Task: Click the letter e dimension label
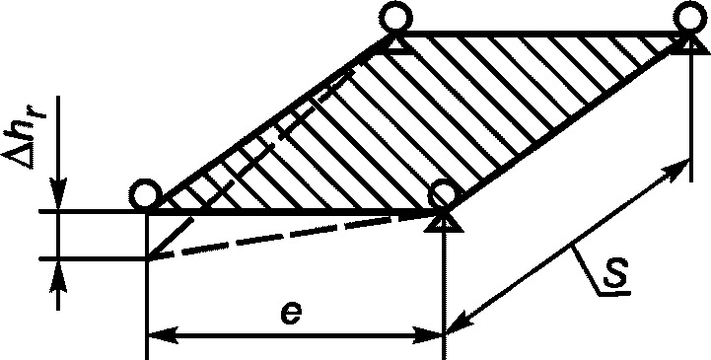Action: point(290,314)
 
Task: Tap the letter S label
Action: point(615,272)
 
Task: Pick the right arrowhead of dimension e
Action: point(429,336)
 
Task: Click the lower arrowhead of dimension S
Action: point(459,323)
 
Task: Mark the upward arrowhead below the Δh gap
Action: point(59,275)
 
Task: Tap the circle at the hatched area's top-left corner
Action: point(396,18)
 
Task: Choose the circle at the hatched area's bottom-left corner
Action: point(146,195)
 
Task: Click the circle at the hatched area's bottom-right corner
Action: point(444,194)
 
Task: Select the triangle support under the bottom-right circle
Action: point(445,222)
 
